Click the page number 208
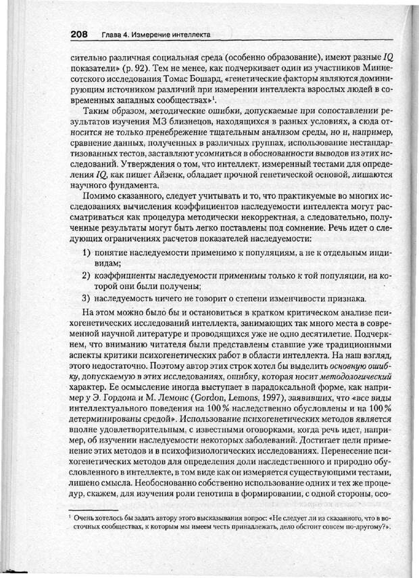[x=82, y=35]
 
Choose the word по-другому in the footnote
[x=367, y=528]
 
